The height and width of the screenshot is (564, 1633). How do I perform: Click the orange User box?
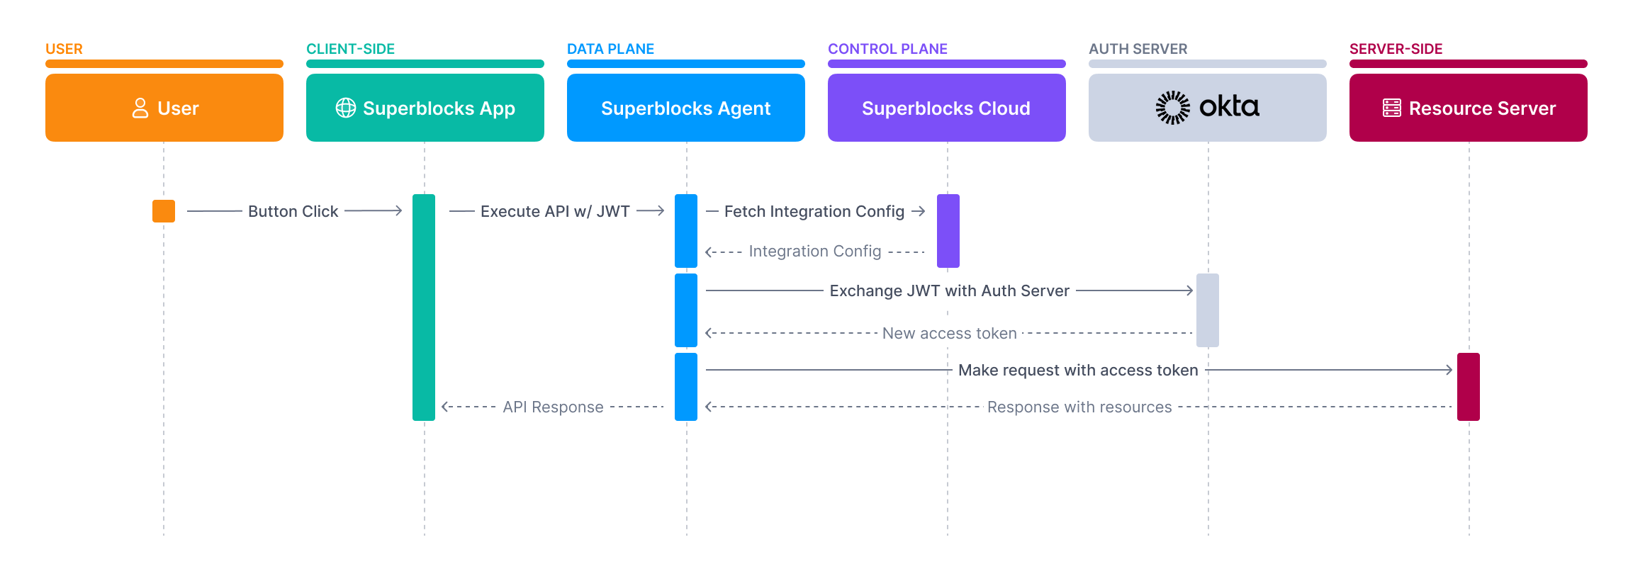pos(164,108)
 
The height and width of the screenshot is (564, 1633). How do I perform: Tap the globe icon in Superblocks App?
pos(346,108)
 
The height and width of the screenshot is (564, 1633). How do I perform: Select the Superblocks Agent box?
pos(685,108)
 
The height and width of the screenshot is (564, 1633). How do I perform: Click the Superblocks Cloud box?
pos(946,108)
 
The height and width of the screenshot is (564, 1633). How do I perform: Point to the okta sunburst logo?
pos(1173,107)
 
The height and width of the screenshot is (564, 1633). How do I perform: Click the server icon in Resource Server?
pos(1391,108)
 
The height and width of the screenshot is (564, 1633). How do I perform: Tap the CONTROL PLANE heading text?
pos(887,49)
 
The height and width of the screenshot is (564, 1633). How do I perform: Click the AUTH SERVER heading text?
pos(1138,49)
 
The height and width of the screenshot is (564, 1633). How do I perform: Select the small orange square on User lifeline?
pos(164,211)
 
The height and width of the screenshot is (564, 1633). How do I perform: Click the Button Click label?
pos(293,211)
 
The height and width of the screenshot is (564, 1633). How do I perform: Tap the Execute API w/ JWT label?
pos(555,211)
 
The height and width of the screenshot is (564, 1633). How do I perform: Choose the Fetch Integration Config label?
pos(814,211)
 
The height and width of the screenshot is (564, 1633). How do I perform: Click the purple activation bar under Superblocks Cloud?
pos(948,231)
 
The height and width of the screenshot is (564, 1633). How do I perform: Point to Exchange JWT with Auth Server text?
pos(949,291)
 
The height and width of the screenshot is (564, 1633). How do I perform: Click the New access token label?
pos(949,333)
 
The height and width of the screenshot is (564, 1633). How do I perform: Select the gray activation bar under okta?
pos(1207,310)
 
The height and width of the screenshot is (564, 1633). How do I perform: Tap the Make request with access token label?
pos(1077,370)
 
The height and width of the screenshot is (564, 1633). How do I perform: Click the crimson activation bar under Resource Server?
pos(1468,387)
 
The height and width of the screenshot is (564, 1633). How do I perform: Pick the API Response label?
pos(553,407)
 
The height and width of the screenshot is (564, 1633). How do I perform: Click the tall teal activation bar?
pos(424,308)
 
